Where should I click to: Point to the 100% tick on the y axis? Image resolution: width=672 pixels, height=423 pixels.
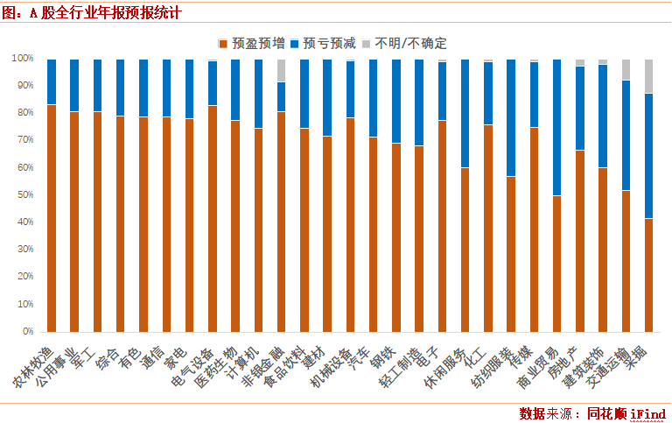click(x=22, y=59)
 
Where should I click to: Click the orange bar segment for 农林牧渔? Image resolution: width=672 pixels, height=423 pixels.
click(x=52, y=218)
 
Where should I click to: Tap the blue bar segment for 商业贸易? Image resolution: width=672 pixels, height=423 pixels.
click(x=556, y=128)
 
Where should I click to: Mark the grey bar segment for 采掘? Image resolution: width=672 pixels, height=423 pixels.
click(x=648, y=76)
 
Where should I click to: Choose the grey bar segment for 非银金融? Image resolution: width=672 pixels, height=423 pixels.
click(x=281, y=71)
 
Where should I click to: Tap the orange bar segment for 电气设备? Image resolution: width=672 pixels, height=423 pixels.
click(x=212, y=219)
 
